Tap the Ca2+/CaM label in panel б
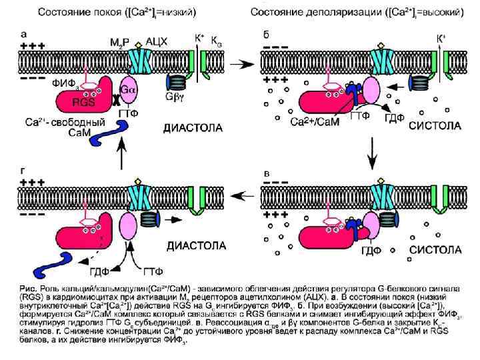(316, 122)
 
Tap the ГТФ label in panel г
(152, 271)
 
